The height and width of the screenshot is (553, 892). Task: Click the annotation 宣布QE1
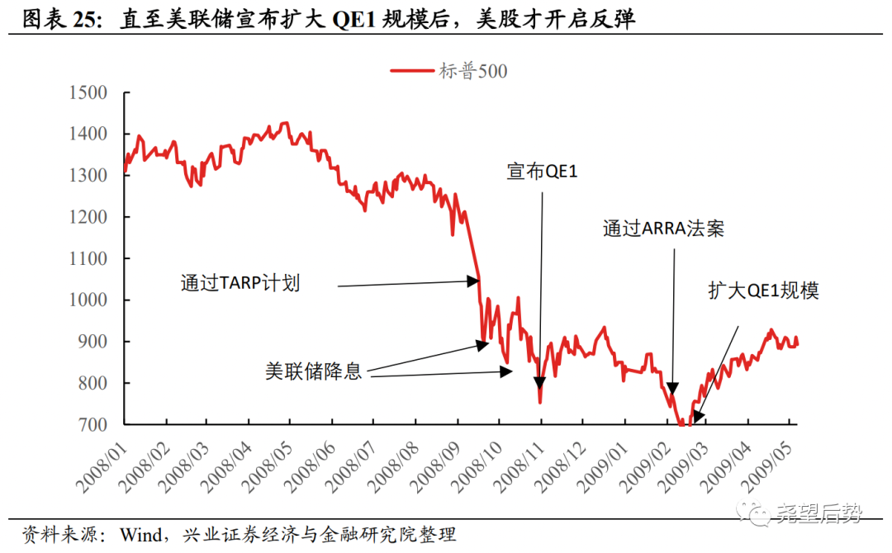tap(542, 173)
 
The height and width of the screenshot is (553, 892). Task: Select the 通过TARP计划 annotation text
tap(240, 283)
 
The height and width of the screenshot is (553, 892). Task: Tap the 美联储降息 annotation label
tap(313, 371)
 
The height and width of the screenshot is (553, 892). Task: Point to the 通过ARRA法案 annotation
tap(663, 229)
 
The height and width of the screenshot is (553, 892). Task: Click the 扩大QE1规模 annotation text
tap(763, 291)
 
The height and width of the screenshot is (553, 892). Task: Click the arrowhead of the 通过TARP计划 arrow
tap(474, 281)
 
